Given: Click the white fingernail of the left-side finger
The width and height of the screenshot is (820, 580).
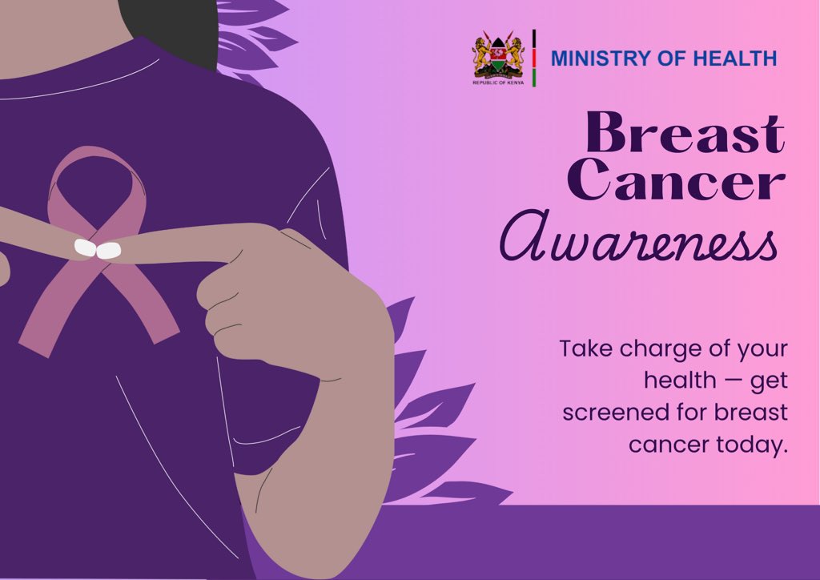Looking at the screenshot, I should pyautogui.click(x=83, y=248).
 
